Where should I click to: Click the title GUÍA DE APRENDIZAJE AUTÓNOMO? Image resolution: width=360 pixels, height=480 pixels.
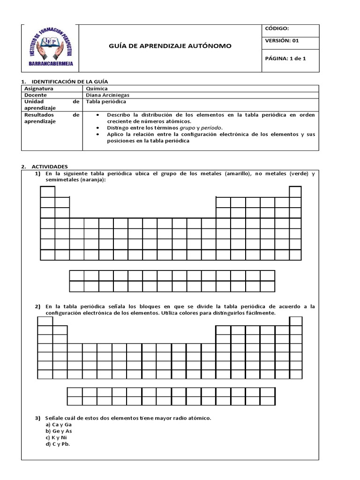click(x=170, y=46)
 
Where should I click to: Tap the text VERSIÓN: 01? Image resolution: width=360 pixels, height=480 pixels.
click(x=282, y=40)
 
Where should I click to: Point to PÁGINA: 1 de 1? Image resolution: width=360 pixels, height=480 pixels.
click(x=285, y=59)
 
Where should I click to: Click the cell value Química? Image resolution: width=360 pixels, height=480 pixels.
click(x=97, y=88)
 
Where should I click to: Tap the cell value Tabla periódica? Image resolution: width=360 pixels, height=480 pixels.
click(x=106, y=101)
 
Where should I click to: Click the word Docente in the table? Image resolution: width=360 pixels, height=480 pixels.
click(x=36, y=95)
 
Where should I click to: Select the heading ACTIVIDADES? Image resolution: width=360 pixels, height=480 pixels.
click(x=50, y=166)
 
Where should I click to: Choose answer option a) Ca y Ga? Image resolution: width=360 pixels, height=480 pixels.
click(x=59, y=424)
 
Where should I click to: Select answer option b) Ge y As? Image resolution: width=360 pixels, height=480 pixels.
click(x=59, y=431)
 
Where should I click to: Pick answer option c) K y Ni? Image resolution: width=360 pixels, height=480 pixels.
click(x=57, y=437)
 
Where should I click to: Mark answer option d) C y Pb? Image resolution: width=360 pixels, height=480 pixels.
click(x=58, y=444)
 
